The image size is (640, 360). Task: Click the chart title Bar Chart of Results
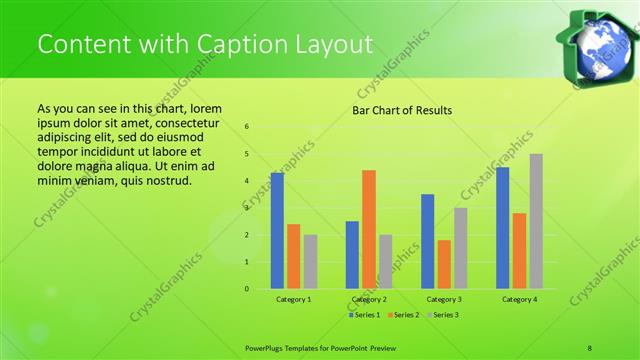tap(402, 110)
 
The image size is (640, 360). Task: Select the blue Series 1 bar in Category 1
tap(277, 231)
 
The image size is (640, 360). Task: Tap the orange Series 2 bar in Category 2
tap(369, 229)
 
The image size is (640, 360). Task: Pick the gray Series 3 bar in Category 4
tap(536, 221)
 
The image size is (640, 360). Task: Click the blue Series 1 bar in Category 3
tap(428, 241)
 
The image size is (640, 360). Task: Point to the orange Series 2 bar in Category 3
tap(444, 264)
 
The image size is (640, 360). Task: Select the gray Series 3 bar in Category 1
tap(310, 262)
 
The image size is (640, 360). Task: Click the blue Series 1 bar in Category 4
tap(503, 228)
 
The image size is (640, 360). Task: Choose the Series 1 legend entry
tap(364, 315)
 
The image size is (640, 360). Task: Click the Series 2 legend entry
tap(402, 315)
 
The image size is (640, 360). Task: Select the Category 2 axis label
tap(369, 300)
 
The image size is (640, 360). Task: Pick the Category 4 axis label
tap(519, 300)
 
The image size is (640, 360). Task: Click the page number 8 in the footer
tap(590, 347)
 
